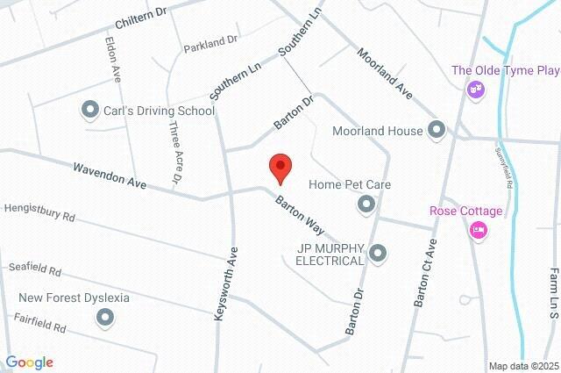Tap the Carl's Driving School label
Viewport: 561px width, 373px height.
[160, 111]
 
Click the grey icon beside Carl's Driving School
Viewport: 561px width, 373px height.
[89, 111]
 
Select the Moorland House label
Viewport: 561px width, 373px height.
[379, 132]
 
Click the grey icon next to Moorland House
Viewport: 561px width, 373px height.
[437, 132]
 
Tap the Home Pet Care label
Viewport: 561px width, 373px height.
[350, 185]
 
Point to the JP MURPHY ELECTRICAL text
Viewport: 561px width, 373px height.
[329, 255]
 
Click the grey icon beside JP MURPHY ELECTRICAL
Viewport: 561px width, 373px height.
[378, 254]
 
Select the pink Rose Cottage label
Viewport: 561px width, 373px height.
[465, 211]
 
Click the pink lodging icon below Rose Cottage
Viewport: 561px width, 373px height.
[479, 231]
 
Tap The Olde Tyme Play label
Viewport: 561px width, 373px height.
[505, 70]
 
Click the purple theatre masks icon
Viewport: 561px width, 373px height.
[475, 89]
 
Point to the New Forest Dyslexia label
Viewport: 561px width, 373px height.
[74, 298]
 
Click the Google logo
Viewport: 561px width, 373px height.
[29, 362]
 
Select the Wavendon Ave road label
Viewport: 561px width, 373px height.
[109, 176]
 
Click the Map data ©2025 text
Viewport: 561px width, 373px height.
[523, 366]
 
